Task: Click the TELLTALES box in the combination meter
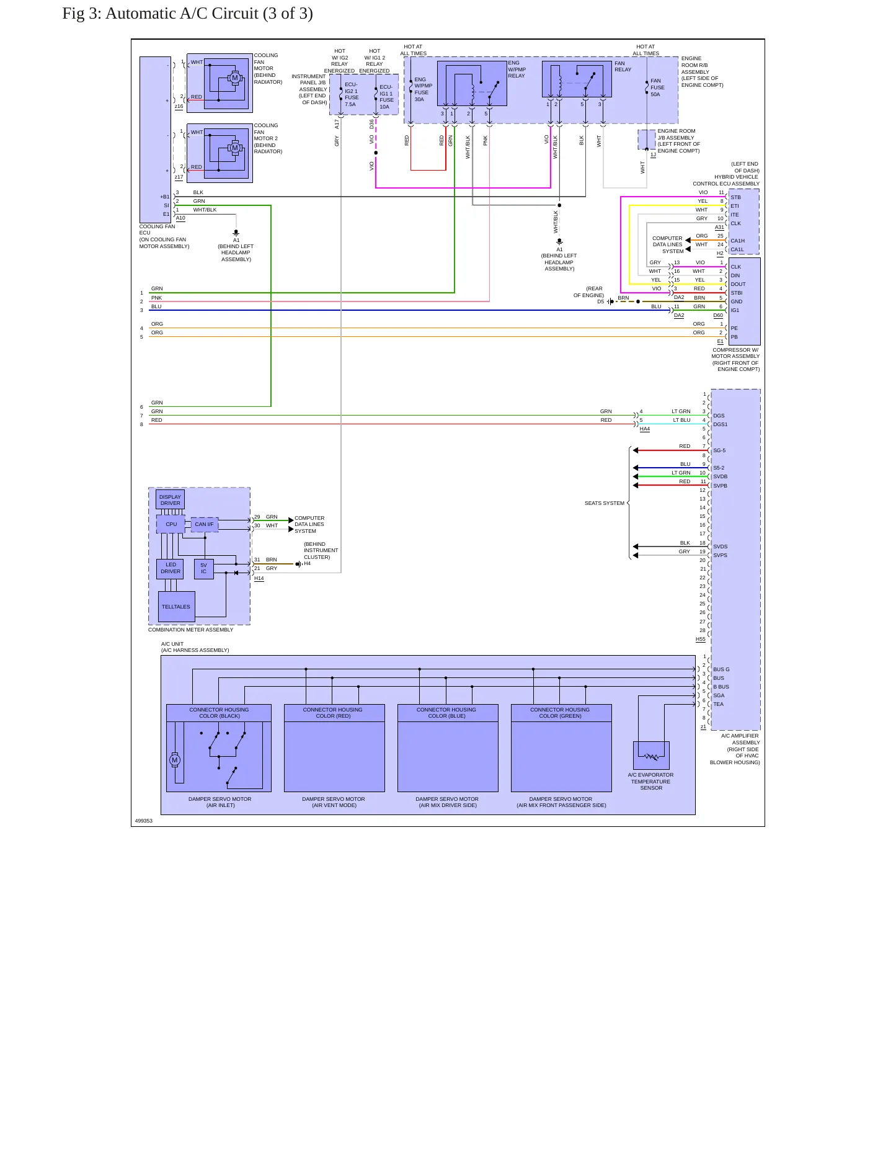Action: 176,606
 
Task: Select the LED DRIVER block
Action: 171,568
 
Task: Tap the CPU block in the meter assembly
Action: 171,524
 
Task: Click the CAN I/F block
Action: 204,524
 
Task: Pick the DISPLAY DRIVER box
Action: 170,500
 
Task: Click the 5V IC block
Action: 204,568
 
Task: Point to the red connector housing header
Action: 334,713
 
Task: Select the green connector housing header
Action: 561,713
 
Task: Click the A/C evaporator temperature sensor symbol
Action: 651,756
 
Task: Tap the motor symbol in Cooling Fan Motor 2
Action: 234,148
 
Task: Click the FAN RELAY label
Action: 623,66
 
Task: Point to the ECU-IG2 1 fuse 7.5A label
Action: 352,94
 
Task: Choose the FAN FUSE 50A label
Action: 657,87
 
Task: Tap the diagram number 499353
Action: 144,821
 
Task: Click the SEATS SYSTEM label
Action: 605,503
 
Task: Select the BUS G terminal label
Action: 721,669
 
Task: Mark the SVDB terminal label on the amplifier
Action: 721,476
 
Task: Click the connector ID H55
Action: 700,639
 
